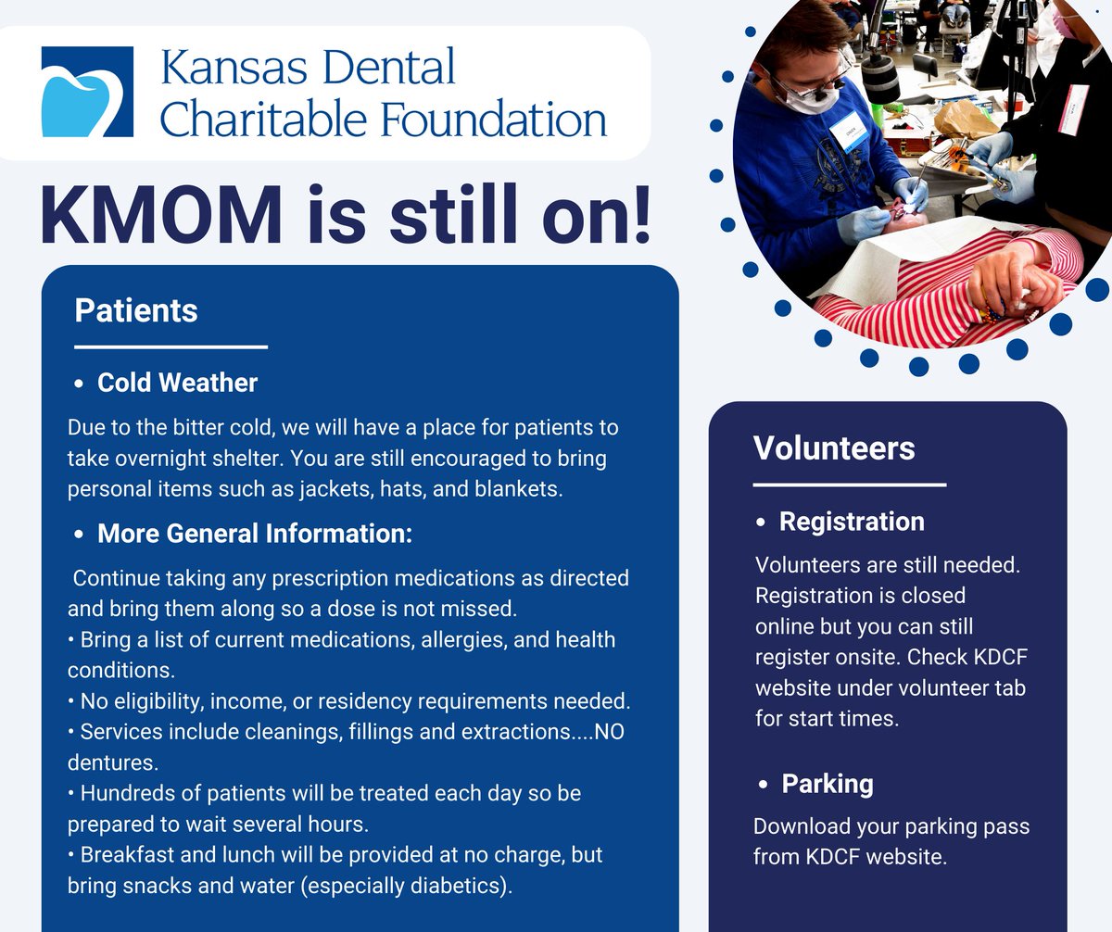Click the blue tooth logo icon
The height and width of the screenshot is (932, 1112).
click(87, 93)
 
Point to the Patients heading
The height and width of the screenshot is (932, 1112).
click(136, 310)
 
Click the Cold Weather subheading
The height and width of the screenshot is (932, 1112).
click(177, 382)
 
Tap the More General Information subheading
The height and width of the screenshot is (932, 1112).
click(254, 534)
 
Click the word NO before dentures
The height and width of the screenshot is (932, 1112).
click(610, 731)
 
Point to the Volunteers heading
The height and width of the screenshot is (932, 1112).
click(834, 447)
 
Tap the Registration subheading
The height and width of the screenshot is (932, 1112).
click(852, 522)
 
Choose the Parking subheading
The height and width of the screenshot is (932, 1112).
click(828, 784)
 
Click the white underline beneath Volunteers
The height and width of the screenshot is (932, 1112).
click(849, 484)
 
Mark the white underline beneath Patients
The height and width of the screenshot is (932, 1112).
click(171, 347)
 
